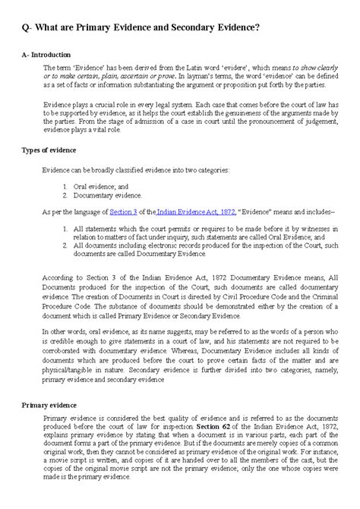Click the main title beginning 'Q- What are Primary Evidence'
[138, 27]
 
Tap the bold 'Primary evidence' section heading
[48, 405]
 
